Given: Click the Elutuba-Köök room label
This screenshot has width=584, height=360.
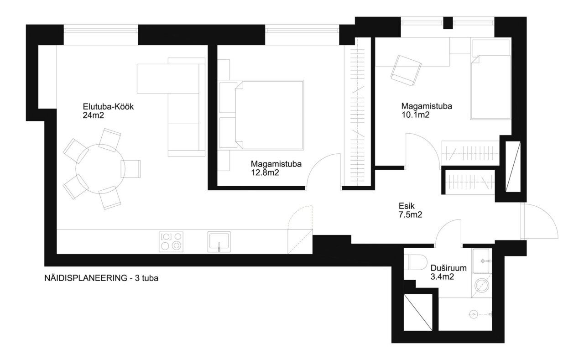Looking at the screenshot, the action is pos(108,107).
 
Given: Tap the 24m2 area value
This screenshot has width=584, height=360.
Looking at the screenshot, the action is pos(94,115).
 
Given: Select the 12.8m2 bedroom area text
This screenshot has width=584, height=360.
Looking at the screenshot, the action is pos(265,172).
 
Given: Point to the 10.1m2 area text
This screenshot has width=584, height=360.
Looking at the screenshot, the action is pos(415,115).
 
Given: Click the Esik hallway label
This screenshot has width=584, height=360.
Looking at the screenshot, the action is pos(407,206).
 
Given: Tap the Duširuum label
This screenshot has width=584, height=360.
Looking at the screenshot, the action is pos(448,268).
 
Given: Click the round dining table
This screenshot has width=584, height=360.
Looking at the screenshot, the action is pos(100,169).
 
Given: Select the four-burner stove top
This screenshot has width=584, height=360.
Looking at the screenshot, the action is pos(171,242).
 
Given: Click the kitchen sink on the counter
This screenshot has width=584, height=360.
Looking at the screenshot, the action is pos(219,242).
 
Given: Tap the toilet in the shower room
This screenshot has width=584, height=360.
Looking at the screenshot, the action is pos(416,262).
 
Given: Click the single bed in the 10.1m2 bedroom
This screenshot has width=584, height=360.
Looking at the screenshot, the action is pos(490,79).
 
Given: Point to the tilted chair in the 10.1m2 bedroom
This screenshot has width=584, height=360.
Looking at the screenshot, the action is pos(406,70).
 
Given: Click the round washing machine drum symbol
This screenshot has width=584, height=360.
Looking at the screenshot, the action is pos(481,285).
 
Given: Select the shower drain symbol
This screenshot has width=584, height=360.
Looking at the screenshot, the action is pos(473,314).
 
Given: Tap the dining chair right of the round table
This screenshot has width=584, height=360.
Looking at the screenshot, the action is pos(130,169).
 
